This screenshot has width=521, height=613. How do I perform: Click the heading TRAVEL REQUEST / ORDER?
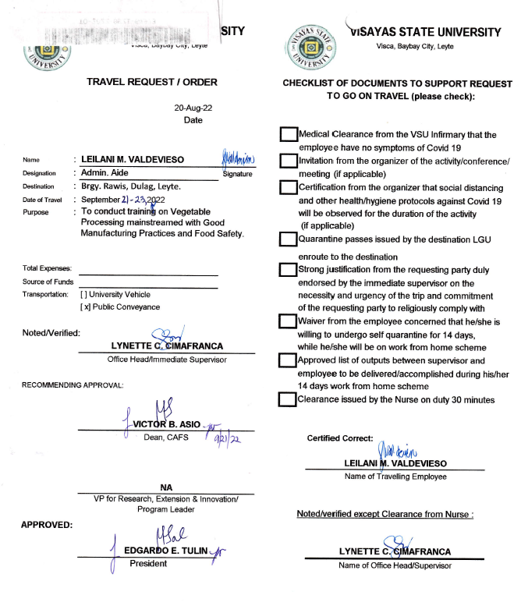152,82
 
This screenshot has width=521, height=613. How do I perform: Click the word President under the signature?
148,563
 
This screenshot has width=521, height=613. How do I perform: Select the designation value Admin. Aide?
105,172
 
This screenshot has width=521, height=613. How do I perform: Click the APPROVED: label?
47,524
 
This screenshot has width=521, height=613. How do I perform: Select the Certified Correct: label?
335,438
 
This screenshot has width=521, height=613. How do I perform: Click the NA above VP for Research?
165,487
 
